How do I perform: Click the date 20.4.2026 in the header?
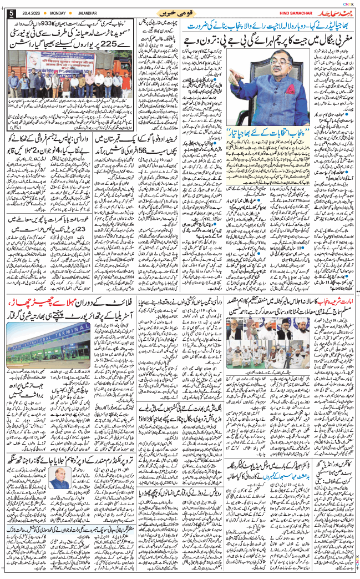click(28, 13)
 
